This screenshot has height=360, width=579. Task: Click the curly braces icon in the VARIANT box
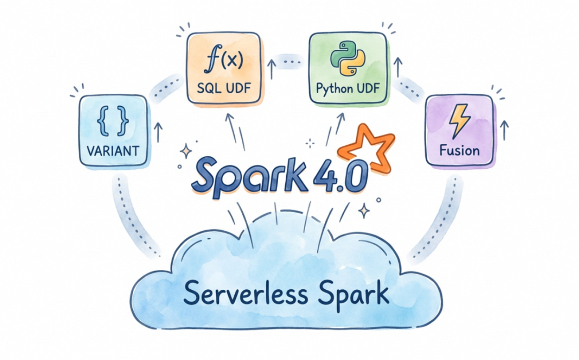click(113, 121)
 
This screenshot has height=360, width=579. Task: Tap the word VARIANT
click(113, 151)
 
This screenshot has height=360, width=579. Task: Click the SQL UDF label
click(224, 88)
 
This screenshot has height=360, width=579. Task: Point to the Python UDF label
click(348, 89)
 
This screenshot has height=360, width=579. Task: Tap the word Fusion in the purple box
click(459, 151)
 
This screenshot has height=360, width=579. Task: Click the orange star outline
click(366, 147)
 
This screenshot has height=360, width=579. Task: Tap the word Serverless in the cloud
click(245, 293)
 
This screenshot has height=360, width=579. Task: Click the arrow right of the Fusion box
click(504, 130)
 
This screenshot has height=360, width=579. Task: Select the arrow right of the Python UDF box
click(398, 67)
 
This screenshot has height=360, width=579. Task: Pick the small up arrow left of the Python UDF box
click(272, 69)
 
